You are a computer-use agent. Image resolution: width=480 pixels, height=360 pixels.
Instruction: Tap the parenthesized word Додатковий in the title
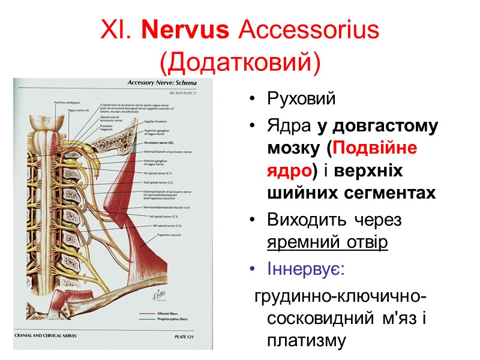point(240,61)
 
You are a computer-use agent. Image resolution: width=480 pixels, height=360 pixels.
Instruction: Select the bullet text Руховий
point(302,99)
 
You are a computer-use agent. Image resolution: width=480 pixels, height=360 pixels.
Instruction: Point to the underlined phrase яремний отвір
point(328,242)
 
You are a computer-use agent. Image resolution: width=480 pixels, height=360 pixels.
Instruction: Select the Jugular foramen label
point(156,121)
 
